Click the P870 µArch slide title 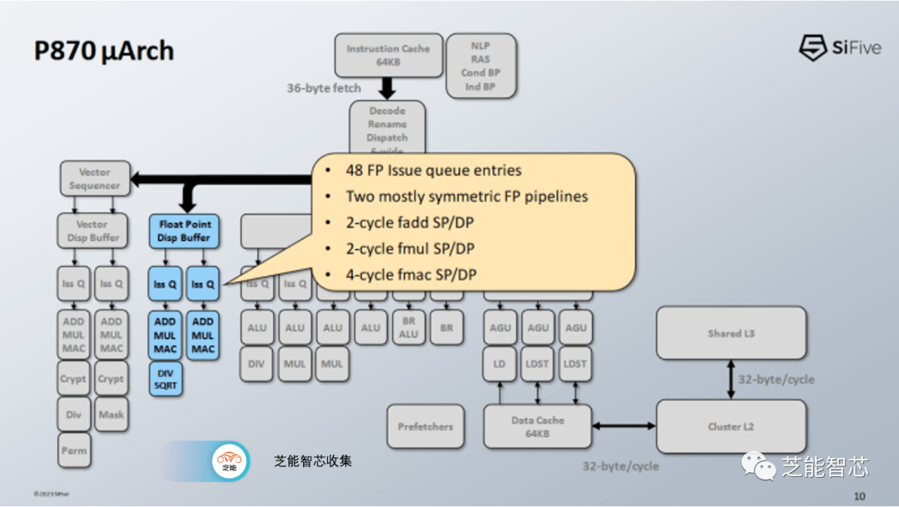(104, 52)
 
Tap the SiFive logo (840, 47)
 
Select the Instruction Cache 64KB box (388, 55)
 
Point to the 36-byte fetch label (324, 87)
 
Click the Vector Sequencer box (95, 179)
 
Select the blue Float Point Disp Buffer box (184, 231)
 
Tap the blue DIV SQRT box (166, 379)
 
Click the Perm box (73, 450)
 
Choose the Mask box (111, 414)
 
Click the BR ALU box (409, 328)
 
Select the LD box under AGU (499, 364)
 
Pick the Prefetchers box (425, 427)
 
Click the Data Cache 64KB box (538, 427)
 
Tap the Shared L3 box (731, 333)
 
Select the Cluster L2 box (731, 427)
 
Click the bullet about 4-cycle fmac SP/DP (411, 275)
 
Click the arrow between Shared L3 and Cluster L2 (731, 380)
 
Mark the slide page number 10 (859, 496)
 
